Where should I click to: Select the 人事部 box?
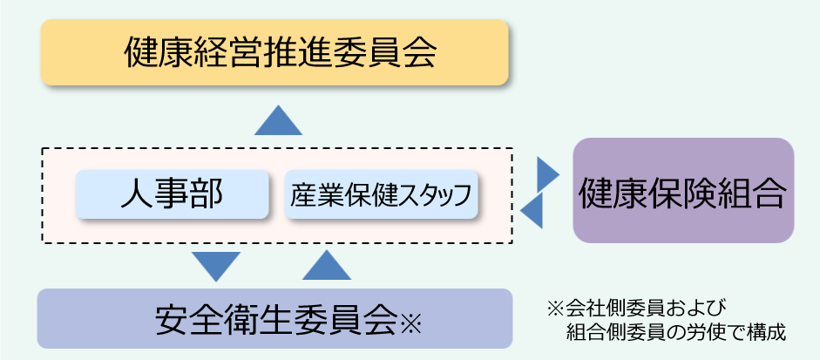(172, 194)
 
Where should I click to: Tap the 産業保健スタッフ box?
(383, 194)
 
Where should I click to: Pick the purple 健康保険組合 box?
(683, 191)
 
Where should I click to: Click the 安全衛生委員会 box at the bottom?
(274, 319)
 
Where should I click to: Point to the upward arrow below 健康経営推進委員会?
(278, 120)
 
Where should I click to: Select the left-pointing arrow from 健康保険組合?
(532, 211)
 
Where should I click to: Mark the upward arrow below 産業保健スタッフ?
(327, 265)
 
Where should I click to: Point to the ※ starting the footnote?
(556, 308)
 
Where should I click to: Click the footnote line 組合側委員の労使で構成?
(675, 332)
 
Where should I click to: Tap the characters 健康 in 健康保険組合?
(604, 192)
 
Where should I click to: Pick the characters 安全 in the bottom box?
(180, 319)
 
